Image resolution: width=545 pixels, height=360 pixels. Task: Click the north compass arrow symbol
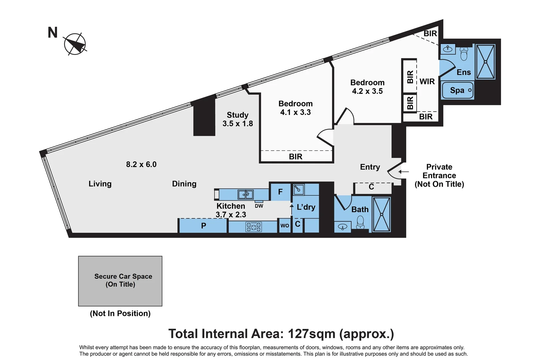tap(75, 44)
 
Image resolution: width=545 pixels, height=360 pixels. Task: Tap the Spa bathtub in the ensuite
tap(457, 90)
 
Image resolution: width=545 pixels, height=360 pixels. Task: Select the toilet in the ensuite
tap(464, 54)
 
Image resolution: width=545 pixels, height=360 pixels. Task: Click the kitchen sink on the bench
tap(246, 194)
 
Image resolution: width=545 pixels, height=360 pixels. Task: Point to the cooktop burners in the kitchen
tap(254, 227)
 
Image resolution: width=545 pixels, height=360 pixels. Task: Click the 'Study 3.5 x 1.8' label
tap(238, 119)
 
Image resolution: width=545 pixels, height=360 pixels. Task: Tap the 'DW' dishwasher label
tap(259, 206)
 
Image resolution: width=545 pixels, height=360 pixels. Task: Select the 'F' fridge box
tap(280, 192)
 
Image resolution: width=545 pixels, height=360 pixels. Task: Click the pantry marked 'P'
tap(203, 226)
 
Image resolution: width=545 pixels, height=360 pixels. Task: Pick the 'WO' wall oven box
tap(285, 226)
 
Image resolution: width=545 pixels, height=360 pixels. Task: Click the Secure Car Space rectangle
tap(120, 281)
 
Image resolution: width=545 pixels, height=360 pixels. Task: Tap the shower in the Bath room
tap(381, 214)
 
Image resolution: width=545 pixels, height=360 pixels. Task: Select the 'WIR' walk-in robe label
tap(427, 82)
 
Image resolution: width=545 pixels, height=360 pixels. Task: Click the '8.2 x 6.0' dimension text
tap(141, 164)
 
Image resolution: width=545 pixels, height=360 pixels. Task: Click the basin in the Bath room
tap(342, 227)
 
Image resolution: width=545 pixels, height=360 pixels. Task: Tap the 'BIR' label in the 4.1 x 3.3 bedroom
tap(296, 157)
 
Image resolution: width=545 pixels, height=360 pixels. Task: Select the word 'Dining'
tap(184, 184)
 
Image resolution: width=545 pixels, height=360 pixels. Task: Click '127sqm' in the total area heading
tap(311, 334)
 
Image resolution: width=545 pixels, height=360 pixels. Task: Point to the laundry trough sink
tap(298, 190)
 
